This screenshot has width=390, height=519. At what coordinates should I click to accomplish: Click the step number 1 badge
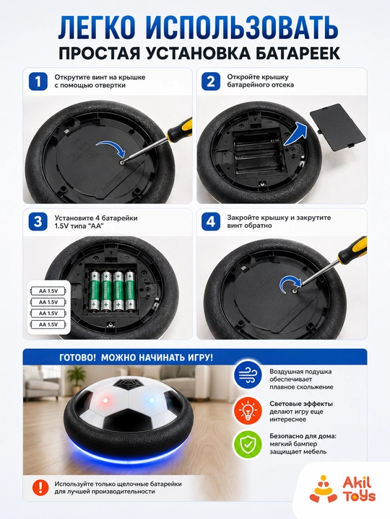click(38, 81)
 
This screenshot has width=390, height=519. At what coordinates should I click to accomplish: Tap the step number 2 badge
click(211, 81)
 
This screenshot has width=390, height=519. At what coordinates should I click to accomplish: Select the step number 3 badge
click(38, 222)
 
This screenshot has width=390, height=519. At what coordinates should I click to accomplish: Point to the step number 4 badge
click(211, 222)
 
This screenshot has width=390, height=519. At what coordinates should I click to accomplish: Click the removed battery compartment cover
click(337, 127)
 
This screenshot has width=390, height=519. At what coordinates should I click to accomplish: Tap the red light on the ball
click(105, 401)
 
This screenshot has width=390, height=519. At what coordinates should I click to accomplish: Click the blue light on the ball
click(152, 401)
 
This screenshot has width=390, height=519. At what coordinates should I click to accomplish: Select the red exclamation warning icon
click(40, 487)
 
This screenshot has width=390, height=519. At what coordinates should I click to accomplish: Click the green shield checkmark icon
click(248, 444)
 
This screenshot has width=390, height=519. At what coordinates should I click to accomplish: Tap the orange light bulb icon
click(248, 411)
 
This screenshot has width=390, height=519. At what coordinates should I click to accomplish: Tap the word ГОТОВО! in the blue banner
click(77, 358)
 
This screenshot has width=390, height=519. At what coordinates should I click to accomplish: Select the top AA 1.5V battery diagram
click(48, 291)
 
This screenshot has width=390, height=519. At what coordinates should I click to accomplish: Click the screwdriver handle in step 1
click(181, 129)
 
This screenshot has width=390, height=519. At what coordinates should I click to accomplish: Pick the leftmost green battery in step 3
click(95, 291)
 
